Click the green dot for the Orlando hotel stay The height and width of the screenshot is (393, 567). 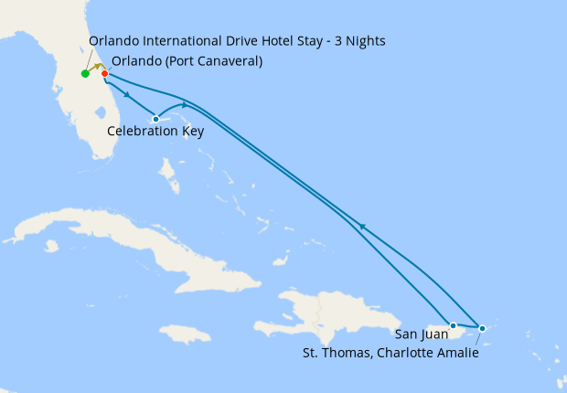[85, 73]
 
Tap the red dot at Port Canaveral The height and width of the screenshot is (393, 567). [105, 73]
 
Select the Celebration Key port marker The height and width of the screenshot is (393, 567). [156, 119]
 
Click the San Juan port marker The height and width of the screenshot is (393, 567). [453, 325]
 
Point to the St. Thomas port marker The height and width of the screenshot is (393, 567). [482, 327]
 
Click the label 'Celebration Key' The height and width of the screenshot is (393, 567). [155, 132]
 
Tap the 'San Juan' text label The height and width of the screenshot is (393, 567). [423, 335]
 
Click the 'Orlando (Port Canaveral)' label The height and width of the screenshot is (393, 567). [187, 62]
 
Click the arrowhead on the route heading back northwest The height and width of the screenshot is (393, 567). [362, 226]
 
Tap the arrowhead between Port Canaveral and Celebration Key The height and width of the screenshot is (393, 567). [124, 93]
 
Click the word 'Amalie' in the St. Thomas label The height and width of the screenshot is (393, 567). [457, 352]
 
